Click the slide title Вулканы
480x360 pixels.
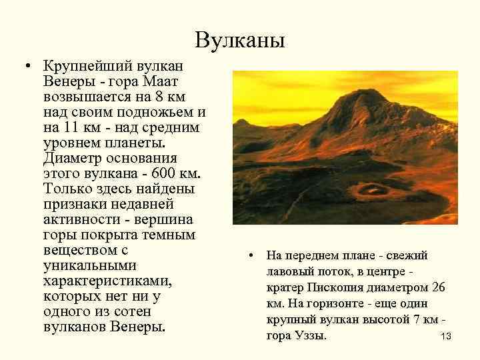click(x=240, y=41)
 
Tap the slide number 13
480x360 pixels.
click(x=446, y=337)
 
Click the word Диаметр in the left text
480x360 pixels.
click(x=70, y=158)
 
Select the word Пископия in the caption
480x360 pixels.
click(x=336, y=287)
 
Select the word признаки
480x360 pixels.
click(x=73, y=203)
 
